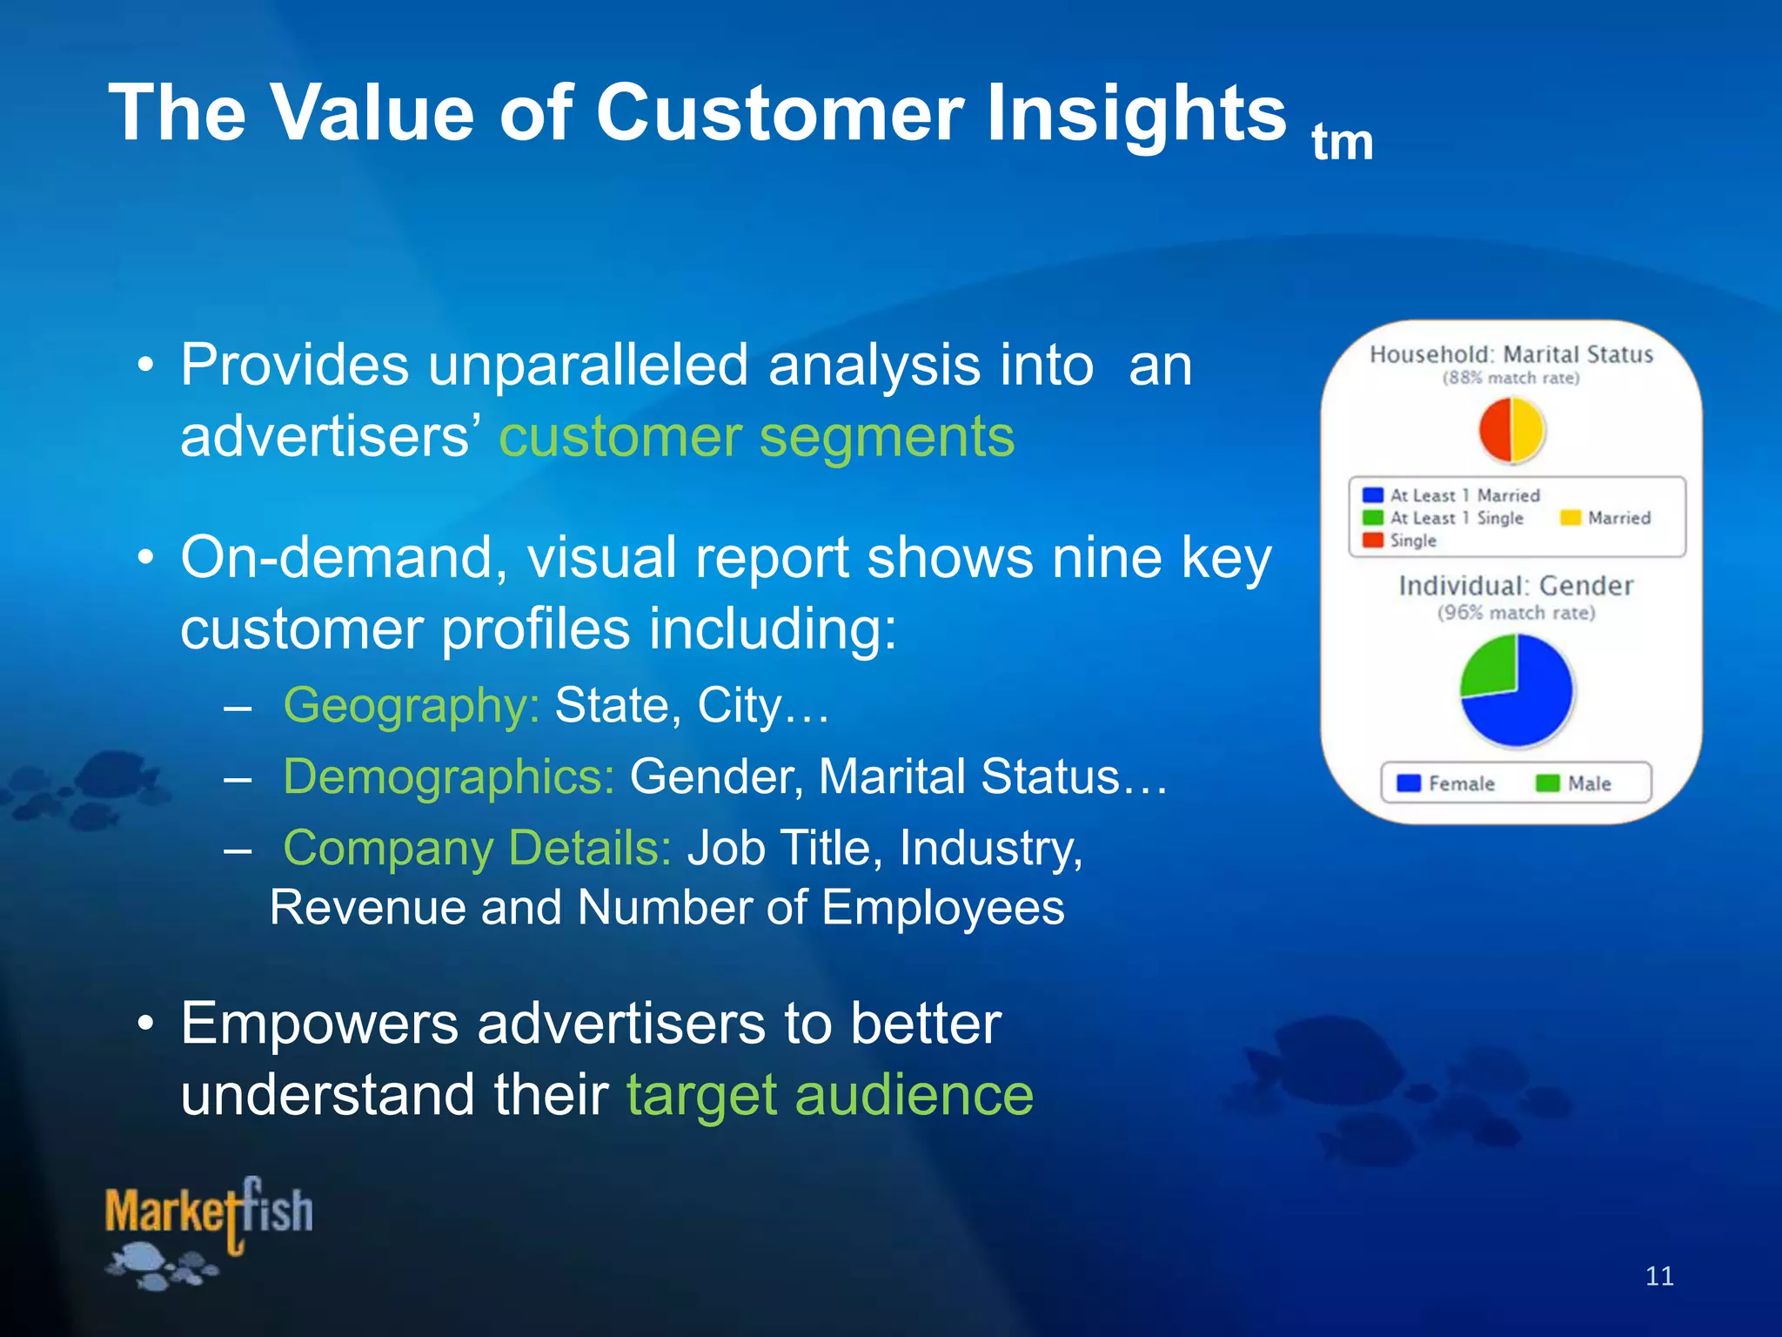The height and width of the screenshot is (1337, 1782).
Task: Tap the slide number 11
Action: [x=1659, y=1276]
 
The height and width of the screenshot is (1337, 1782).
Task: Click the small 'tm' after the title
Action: [x=1342, y=143]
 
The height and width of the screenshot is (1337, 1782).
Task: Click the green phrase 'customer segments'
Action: [x=756, y=436]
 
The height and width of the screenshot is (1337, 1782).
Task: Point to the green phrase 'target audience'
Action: [x=829, y=1094]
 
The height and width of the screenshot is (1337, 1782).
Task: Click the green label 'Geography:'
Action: [x=412, y=705]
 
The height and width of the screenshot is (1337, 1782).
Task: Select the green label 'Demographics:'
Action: [x=449, y=776]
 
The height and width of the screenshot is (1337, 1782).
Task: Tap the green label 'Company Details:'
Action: [x=477, y=848]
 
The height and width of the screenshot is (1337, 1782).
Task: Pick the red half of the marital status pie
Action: [x=1497, y=430]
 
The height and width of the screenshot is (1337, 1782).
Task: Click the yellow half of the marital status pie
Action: [x=1528, y=430]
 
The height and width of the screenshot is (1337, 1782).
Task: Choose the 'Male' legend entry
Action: [x=1574, y=783]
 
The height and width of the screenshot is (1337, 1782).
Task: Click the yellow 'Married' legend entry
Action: [x=1605, y=518]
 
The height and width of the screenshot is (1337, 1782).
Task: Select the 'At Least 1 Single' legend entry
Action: [x=1444, y=518]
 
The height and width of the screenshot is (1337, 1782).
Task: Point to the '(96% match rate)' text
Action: [x=1516, y=613]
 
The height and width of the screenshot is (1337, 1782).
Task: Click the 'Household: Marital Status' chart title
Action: [x=1511, y=354]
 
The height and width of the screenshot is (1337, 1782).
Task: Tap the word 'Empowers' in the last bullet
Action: [x=318, y=1024]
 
